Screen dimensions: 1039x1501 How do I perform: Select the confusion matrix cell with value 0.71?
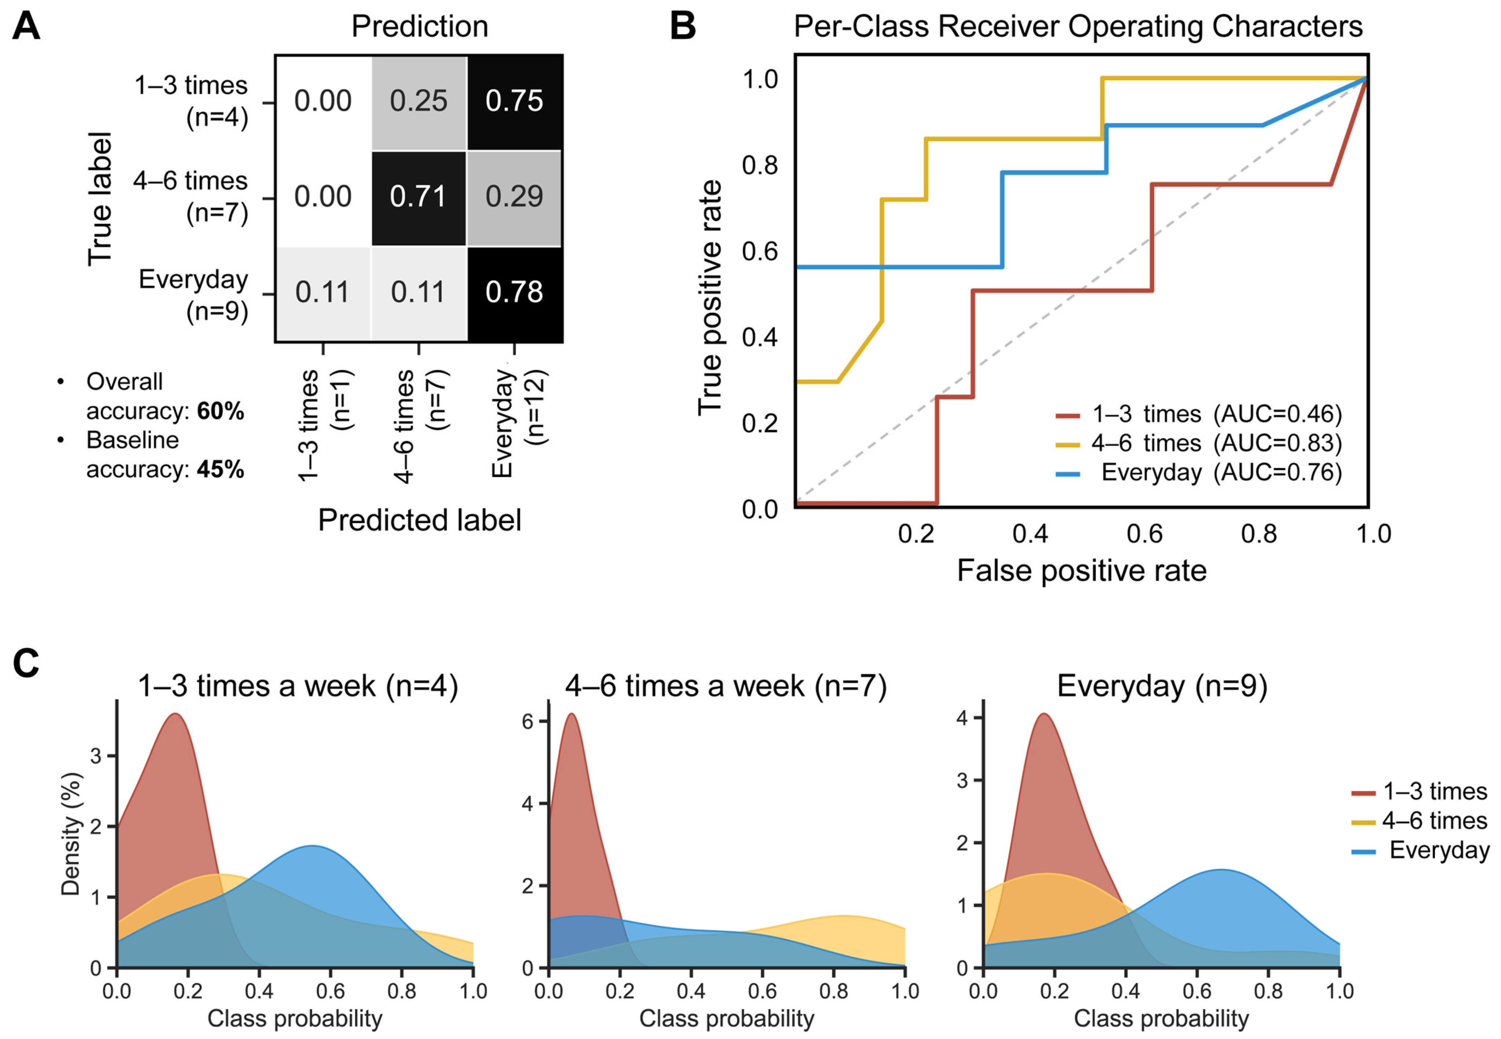(418, 197)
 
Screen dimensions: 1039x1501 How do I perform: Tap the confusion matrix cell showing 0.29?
(514, 197)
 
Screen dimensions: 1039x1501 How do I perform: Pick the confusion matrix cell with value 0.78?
(514, 292)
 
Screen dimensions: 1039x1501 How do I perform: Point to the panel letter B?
(682, 27)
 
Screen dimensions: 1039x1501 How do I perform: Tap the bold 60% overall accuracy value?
(221, 412)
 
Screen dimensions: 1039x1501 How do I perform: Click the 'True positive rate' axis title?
(710, 297)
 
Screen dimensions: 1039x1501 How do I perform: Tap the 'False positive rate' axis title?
(1081, 571)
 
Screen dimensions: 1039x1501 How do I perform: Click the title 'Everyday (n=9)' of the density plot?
(1162, 686)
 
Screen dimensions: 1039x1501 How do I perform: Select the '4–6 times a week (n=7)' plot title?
(726, 686)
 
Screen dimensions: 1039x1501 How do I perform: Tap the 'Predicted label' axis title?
(420, 520)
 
